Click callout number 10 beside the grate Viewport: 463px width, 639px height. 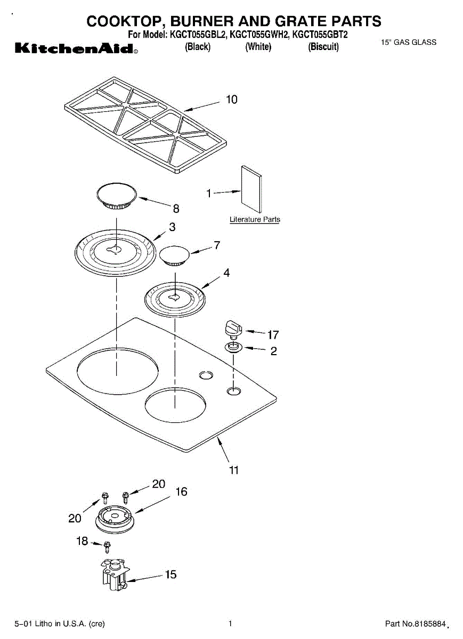pyautogui.click(x=232, y=100)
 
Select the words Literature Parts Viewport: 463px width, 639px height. pyautogui.click(x=255, y=219)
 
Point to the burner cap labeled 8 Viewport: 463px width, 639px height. pyautogui.click(x=117, y=195)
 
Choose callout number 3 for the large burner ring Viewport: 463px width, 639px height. pyautogui.click(x=172, y=227)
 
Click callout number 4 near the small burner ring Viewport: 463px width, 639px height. pyautogui.click(x=226, y=273)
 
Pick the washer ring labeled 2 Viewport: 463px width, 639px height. pyautogui.click(x=233, y=348)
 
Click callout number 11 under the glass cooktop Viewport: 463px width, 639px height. pyautogui.click(x=234, y=470)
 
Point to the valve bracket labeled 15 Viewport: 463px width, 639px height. pyautogui.click(x=113, y=575)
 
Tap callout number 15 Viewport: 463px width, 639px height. pyautogui.click(x=170, y=575)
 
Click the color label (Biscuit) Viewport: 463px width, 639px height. pyautogui.click(x=323, y=47)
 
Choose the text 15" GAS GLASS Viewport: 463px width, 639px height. pyautogui.click(x=409, y=43)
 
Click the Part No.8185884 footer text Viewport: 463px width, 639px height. pyautogui.click(x=415, y=624)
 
